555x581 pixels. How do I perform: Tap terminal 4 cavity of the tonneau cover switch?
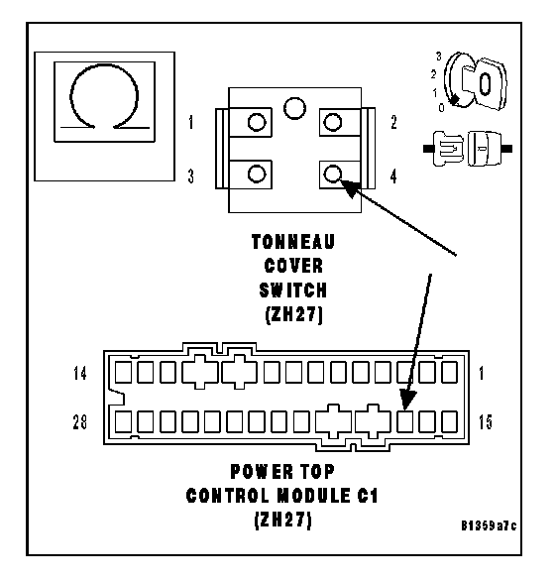(x=333, y=174)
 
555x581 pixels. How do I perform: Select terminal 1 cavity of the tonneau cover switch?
(x=257, y=122)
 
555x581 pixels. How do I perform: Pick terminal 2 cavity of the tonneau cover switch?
(x=333, y=122)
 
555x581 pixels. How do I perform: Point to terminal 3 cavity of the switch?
(x=257, y=174)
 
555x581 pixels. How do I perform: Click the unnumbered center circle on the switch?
(x=295, y=108)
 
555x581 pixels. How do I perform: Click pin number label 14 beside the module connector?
(x=79, y=373)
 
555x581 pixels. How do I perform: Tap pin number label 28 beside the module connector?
(x=79, y=422)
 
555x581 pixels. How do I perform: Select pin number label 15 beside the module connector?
(x=486, y=422)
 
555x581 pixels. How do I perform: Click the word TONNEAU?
(x=293, y=242)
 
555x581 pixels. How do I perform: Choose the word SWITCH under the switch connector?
(x=293, y=290)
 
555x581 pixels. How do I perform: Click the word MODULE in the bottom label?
(x=314, y=496)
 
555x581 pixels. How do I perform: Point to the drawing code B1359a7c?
(x=489, y=525)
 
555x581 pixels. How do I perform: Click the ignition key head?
(x=487, y=84)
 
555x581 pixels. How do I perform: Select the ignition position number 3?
(x=439, y=57)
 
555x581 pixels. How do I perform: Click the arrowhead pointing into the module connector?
(x=408, y=401)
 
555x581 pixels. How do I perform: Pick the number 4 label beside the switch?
(x=393, y=176)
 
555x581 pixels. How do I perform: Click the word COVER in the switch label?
(x=293, y=266)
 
